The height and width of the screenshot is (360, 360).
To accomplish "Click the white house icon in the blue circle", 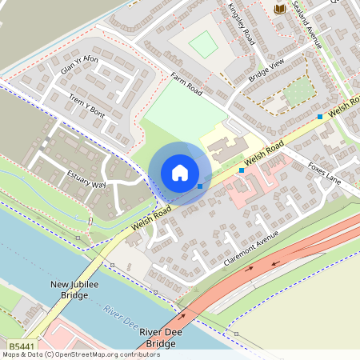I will tap(180, 173).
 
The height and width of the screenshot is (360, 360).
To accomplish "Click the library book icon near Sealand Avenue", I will tap(280, 9).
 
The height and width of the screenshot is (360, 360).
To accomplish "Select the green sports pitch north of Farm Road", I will tap(204, 44).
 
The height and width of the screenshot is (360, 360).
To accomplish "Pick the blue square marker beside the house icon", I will tap(199, 186).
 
